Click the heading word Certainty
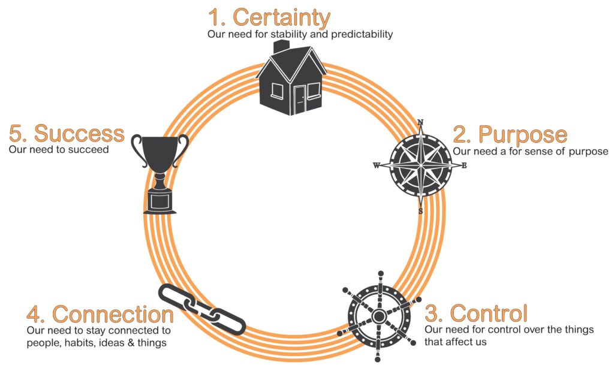[x=281, y=17]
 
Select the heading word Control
[x=488, y=313]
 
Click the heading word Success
[x=79, y=133]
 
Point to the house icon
[x=291, y=81]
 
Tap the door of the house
[x=299, y=99]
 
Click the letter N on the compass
[x=420, y=123]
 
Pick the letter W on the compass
[x=377, y=166]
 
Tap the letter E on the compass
[x=464, y=166]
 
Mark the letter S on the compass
[x=420, y=210]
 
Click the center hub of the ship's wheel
[x=378, y=316]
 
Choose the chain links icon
[x=202, y=309]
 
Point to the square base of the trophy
[x=159, y=203]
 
